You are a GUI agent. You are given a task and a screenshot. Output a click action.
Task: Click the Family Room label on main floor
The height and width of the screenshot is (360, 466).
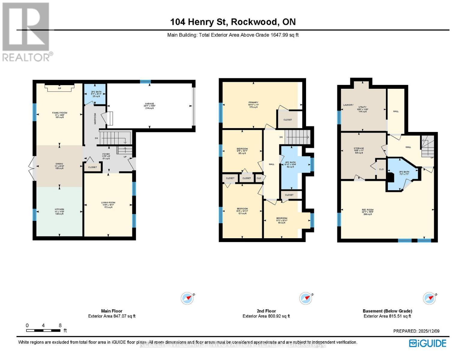click(x=59, y=113)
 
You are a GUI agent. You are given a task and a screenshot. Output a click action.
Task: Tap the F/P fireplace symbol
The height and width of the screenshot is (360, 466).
click(x=59, y=88)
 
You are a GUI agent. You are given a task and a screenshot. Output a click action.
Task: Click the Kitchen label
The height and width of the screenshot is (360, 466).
click(x=59, y=209)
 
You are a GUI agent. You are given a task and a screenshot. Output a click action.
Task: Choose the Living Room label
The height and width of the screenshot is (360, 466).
click(x=108, y=203)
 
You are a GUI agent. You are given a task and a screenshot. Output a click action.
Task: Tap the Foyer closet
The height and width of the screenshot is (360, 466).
click(x=92, y=167)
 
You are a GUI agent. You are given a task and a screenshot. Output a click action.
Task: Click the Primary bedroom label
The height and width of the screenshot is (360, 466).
click(x=253, y=103)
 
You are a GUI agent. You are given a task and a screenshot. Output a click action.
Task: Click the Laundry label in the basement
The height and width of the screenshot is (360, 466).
click(x=348, y=105)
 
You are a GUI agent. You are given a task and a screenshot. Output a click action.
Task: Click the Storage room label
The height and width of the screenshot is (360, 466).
click(x=359, y=148)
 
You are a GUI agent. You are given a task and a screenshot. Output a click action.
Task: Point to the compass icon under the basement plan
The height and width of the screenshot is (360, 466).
click(x=429, y=298)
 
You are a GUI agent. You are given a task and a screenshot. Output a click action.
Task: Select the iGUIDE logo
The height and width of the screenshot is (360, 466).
click(x=428, y=343)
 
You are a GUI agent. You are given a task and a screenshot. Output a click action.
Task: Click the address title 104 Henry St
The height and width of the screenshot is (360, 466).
click(x=233, y=22)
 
